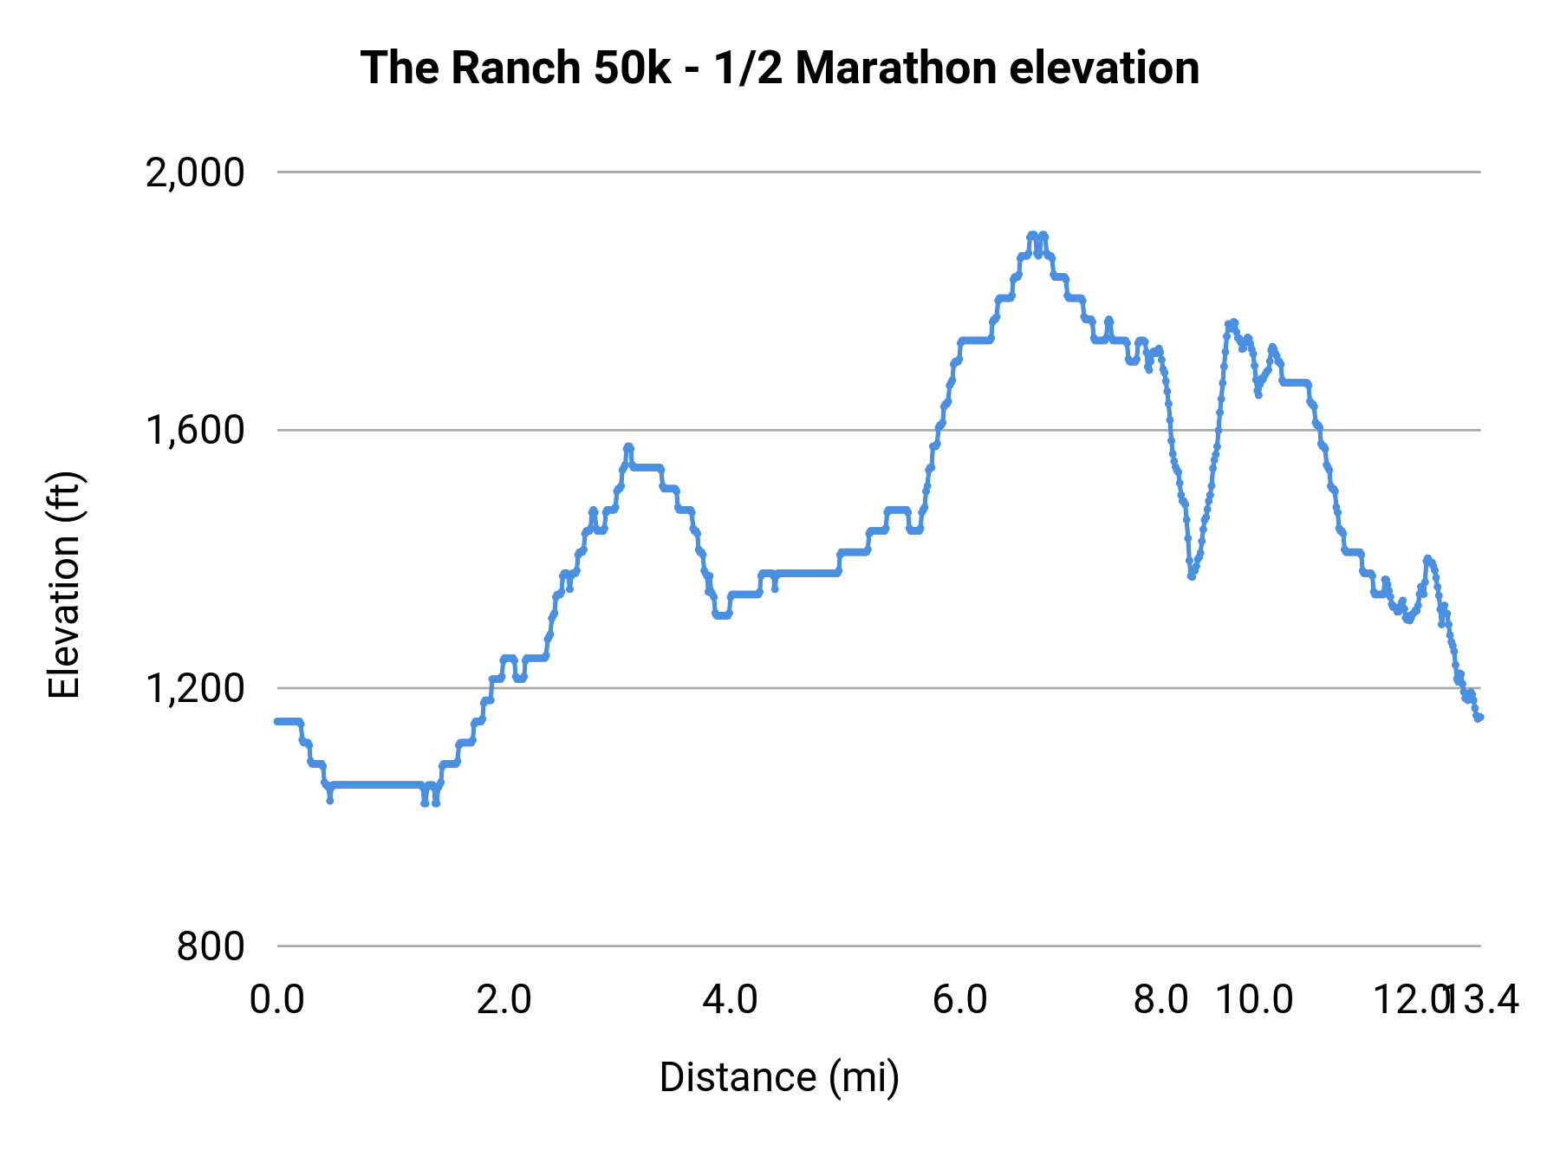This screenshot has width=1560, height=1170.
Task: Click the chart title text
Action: point(779,68)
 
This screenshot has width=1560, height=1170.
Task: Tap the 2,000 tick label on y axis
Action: point(195,173)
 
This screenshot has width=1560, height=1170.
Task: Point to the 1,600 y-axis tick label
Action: point(195,431)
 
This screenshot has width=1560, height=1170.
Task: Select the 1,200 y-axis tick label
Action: point(195,689)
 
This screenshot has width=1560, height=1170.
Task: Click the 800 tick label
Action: point(211,946)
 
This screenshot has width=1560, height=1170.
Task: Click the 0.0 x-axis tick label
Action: point(277,1000)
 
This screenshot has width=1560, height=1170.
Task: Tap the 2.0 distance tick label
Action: point(504,1000)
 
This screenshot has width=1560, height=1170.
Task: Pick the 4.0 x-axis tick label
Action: point(731,1000)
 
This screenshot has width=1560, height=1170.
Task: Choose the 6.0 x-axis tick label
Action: point(959,1000)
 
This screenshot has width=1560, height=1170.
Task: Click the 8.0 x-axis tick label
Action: point(1161,1000)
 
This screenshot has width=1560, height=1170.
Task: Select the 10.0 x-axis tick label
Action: point(1254,1000)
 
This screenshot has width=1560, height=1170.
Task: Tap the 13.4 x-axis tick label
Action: point(1484,1000)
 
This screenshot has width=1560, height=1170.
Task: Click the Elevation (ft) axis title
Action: point(64,585)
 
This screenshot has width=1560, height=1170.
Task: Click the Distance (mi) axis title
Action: point(779,1077)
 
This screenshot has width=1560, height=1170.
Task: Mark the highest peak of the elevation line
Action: point(1032,235)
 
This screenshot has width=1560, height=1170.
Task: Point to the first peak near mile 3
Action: point(628,447)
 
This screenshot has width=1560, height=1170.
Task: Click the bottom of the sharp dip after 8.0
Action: point(1192,576)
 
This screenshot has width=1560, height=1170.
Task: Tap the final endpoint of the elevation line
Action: point(1480,717)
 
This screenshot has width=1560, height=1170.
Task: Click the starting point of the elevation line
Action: point(277,721)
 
